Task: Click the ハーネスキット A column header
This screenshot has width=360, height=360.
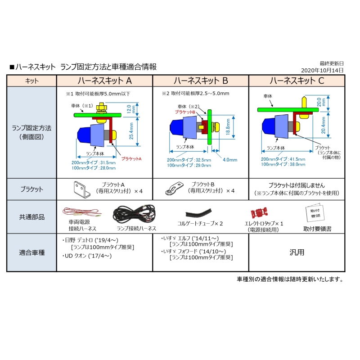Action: click(x=105, y=81)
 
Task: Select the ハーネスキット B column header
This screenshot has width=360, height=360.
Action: click(x=201, y=81)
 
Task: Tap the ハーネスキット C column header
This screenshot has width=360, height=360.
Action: click(x=297, y=81)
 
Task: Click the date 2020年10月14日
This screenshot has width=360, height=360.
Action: click(x=322, y=70)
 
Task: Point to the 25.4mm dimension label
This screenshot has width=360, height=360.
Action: click(x=131, y=131)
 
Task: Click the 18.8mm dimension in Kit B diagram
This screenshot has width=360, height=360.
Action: click(x=228, y=127)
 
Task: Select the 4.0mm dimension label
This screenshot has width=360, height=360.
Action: click(x=230, y=160)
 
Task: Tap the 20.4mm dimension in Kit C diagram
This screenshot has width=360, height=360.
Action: click(x=323, y=125)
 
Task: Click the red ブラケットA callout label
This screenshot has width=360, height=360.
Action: click(x=131, y=159)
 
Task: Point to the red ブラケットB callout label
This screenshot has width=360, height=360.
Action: click(x=185, y=112)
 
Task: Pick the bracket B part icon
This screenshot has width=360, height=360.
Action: click(x=174, y=189)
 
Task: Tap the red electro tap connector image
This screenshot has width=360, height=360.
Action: click(x=259, y=212)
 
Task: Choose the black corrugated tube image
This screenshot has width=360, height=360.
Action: click(x=198, y=213)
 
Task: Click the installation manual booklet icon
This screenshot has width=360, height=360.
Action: click(x=315, y=212)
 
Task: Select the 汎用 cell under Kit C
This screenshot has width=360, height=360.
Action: click(x=297, y=252)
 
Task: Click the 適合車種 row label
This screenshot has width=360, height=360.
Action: click(x=31, y=252)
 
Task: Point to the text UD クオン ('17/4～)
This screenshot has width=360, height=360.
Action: click(x=87, y=256)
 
